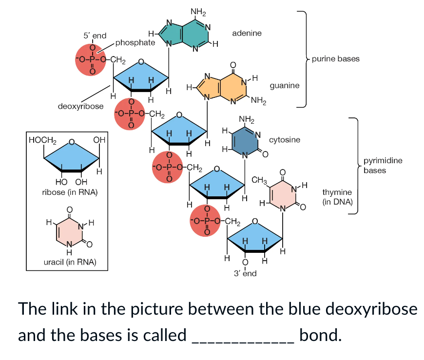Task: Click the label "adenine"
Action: [x=247, y=33]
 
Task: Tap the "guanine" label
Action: [x=285, y=85]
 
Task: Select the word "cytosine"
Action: [x=285, y=139]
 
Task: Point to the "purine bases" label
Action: [x=336, y=59]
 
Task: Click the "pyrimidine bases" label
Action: [x=383, y=166]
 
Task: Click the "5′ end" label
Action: [x=95, y=36]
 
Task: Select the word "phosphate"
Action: [x=135, y=43]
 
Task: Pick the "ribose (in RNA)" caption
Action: [x=70, y=192]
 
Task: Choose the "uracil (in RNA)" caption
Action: [x=70, y=262]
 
